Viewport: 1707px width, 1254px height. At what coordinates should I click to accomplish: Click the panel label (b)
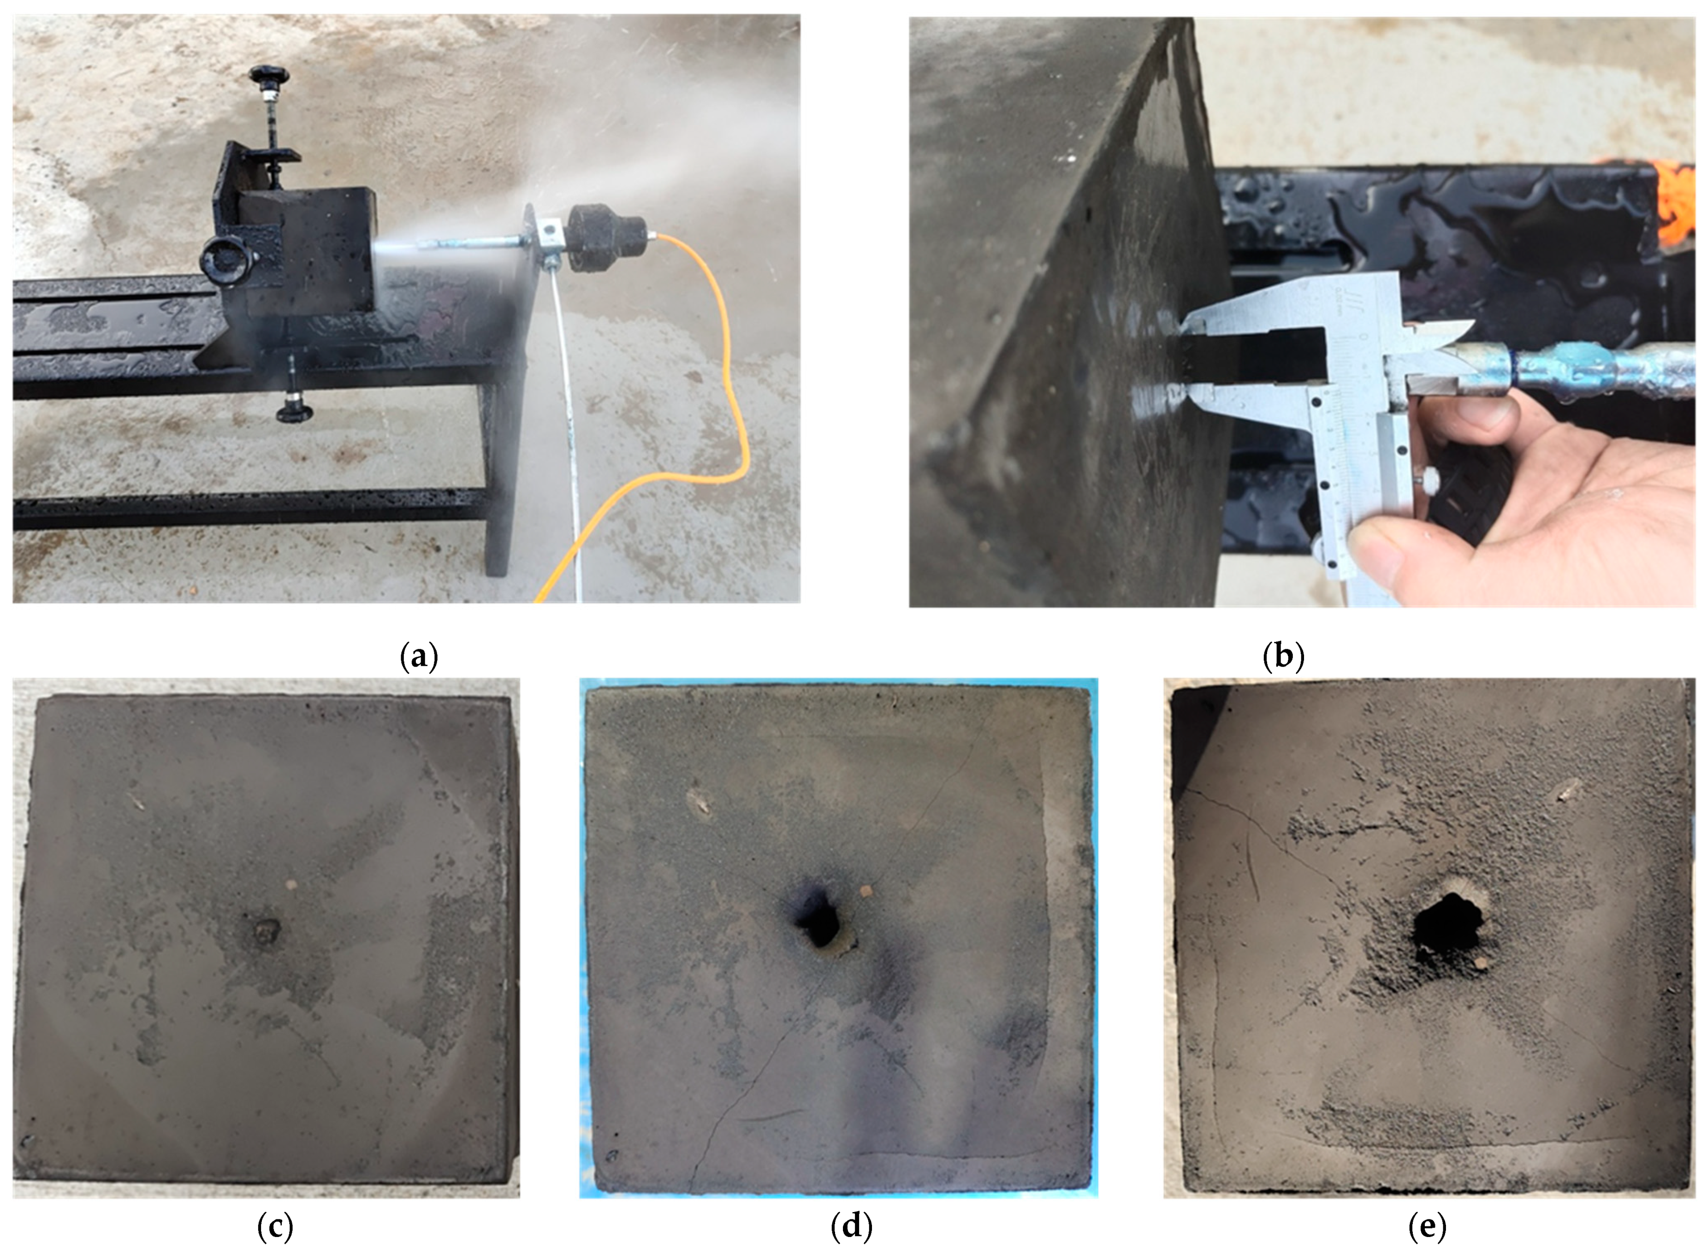[x=1283, y=656]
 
